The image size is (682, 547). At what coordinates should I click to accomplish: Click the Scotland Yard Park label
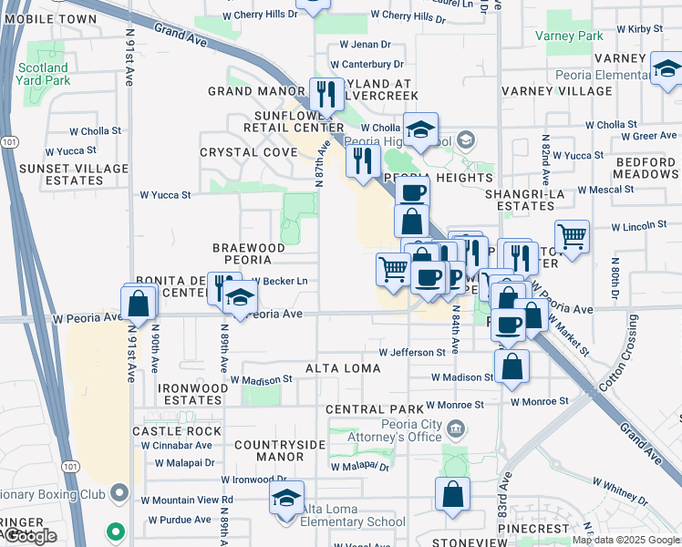click(42, 74)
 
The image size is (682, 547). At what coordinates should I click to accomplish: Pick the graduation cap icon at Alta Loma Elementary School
click(286, 500)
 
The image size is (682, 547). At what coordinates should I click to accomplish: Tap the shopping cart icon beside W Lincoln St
click(572, 236)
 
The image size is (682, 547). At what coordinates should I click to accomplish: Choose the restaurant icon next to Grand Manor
click(325, 94)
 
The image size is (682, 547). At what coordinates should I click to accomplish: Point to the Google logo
click(29, 536)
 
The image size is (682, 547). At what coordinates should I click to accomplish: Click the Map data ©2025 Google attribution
click(625, 540)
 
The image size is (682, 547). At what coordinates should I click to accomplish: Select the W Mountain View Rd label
click(187, 500)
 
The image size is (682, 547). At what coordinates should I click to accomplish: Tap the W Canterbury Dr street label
click(367, 65)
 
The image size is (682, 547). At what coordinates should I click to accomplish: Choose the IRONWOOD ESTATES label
click(192, 394)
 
